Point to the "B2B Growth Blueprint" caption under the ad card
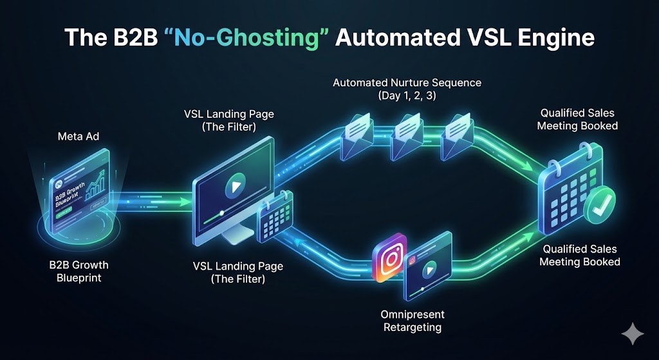point(78,270)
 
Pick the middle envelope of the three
point(405,135)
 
